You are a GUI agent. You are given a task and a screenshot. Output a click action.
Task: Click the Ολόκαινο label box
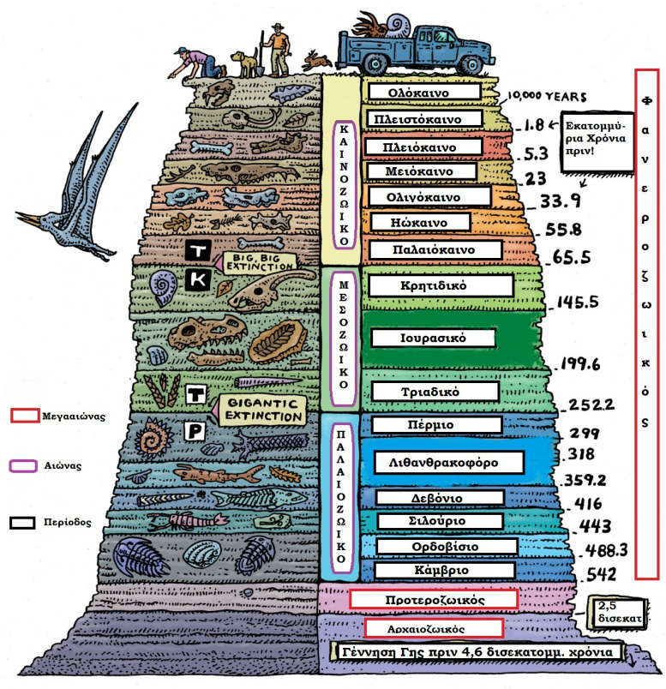click(424, 93)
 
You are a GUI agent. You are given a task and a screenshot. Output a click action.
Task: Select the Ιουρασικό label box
click(433, 338)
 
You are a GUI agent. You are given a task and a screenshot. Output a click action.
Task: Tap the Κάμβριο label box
click(444, 570)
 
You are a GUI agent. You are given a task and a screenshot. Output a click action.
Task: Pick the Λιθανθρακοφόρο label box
click(449, 462)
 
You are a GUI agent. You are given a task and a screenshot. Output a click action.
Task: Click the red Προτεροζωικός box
click(434, 599)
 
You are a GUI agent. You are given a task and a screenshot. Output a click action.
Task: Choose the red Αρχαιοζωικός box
click(434, 628)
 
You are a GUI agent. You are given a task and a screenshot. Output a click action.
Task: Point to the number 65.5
click(571, 257)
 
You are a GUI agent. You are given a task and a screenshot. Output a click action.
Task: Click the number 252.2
click(591, 404)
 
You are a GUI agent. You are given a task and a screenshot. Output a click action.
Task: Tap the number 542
click(602, 575)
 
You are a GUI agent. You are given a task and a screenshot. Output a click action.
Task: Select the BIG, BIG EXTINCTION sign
click(260, 263)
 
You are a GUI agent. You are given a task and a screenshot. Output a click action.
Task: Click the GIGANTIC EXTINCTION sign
click(262, 410)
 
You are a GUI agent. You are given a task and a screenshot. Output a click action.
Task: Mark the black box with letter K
click(198, 279)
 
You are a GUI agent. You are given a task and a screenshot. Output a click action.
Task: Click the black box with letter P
click(195, 431)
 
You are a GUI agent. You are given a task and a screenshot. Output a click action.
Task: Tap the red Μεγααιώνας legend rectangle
click(25, 416)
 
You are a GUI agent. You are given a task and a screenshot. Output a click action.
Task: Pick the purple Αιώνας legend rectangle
click(23, 466)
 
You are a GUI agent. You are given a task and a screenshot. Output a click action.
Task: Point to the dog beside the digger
click(244, 63)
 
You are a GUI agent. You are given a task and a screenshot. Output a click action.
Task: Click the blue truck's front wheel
click(468, 66)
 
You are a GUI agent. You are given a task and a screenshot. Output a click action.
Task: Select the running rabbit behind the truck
click(316, 61)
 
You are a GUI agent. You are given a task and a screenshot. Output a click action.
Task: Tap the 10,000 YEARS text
click(547, 96)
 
